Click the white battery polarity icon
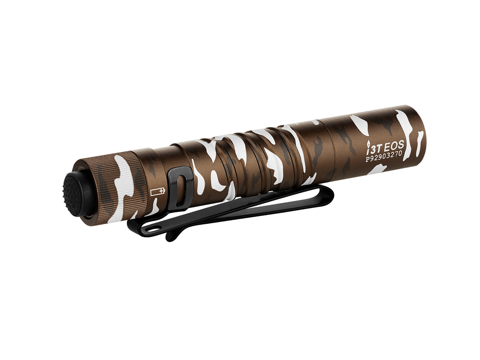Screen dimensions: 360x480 coord(157,191)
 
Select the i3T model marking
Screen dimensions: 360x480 coord(374,148)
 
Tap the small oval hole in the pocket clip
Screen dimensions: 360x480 coord(158,227)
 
